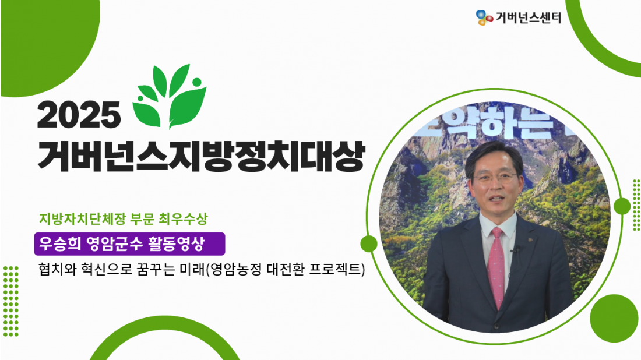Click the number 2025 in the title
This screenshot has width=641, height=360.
(x=79, y=115)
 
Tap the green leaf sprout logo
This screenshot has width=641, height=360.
(x=169, y=97)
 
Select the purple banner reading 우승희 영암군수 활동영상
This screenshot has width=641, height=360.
(x=129, y=244)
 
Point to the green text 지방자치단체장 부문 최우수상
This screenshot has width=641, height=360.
(x=124, y=218)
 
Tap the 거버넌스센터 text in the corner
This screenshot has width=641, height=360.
(x=529, y=17)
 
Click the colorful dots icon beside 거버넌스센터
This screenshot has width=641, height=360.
(x=484, y=17)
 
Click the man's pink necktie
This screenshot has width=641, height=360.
(x=496, y=266)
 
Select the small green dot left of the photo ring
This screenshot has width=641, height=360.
(x=369, y=244)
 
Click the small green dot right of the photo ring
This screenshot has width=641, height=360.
(x=622, y=206)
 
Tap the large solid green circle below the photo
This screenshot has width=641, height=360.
(x=614, y=318)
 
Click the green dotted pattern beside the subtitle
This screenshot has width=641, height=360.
(x=10, y=301)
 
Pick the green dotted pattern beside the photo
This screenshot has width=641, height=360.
(x=636, y=204)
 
